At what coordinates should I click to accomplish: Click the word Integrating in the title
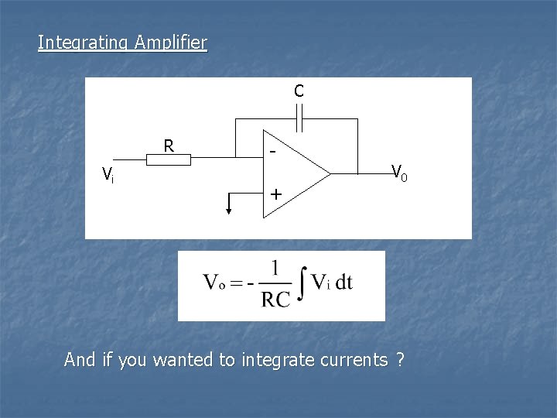tap(84, 42)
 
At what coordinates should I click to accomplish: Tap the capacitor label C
tap(299, 91)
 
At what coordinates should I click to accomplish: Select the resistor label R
tap(169, 146)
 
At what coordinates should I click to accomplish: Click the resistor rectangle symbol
tap(168, 159)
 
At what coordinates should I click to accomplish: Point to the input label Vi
tap(108, 176)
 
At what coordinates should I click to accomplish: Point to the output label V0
tap(399, 172)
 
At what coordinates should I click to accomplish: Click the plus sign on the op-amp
tap(275, 194)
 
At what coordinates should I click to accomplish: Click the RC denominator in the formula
tap(276, 300)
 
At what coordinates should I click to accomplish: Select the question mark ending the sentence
tap(399, 360)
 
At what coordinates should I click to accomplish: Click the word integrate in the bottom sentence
tap(275, 360)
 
